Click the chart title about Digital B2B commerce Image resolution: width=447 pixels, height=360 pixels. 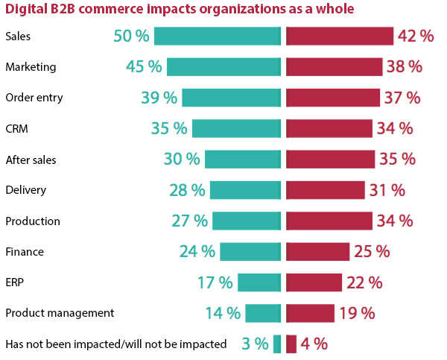[x=180, y=9]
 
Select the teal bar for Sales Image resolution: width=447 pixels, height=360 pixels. [x=218, y=36]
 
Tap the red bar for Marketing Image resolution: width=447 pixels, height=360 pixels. [x=334, y=67]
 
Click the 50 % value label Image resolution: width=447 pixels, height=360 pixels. [x=131, y=36]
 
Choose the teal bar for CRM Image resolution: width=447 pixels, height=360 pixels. [x=236, y=128]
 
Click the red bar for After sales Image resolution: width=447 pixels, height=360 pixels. [x=330, y=160]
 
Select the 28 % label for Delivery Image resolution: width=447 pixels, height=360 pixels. [x=187, y=190]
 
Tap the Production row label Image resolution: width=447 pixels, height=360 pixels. [x=33, y=221]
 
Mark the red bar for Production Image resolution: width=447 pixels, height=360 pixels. [x=329, y=221]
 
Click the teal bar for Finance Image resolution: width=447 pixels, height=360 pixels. [x=250, y=252]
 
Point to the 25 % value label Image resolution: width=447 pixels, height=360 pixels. [x=372, y=252]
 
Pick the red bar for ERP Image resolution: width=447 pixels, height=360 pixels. [x=314, y=282]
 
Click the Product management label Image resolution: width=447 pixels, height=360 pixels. [x=60, y=314]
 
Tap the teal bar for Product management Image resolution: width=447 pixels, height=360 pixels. [x=263, y=313]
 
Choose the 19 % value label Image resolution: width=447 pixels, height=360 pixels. [x=357, y=314]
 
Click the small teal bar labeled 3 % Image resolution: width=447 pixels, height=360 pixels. [x=277, y=344]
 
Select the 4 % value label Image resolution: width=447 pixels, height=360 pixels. [x=314, y=344]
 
